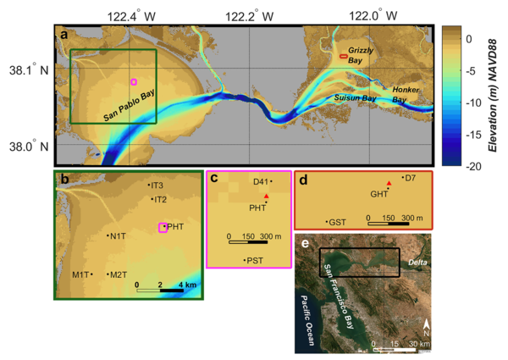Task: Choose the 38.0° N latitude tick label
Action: pos(27,146)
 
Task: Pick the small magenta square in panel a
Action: pos(133,82)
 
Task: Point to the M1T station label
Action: pos(80,274)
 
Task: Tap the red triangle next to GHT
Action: pos(389,183)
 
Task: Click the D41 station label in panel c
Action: pos(261,181)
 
